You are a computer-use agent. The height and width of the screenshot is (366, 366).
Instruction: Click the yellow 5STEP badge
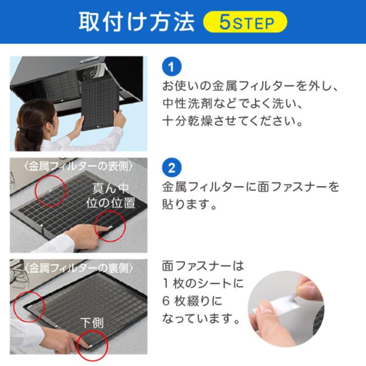coord(245,22)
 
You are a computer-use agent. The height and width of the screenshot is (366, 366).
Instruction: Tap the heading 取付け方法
coord(137,22)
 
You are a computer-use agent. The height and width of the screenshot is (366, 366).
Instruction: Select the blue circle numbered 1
coord(172,67)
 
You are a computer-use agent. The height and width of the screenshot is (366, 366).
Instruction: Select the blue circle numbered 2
coord(172,168)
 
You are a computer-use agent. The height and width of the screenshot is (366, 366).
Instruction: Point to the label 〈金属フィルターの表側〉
coord(79,166)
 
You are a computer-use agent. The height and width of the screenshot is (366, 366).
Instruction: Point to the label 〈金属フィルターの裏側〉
coord(79,268)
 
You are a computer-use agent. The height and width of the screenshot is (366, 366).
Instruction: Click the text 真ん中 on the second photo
coord(110,188)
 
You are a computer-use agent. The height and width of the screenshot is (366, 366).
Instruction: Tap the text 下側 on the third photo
coord(92,323)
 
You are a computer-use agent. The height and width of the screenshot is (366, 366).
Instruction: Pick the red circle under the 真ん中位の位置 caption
coord(110,226)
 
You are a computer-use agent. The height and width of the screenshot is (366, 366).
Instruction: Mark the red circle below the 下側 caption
coord(93,345)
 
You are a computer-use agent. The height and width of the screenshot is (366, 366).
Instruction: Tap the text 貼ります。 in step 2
coord(189,205)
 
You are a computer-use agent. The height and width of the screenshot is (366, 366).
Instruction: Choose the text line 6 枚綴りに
coord(192,301)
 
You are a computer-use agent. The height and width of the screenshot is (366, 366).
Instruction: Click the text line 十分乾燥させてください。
coord(233,121)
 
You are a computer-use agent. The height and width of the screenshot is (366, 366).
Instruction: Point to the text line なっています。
coord(201,318)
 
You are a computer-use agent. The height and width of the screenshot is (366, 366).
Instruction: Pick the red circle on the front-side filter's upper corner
coord(50,190)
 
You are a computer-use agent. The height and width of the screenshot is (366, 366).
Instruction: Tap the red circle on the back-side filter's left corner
coord(29,307)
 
